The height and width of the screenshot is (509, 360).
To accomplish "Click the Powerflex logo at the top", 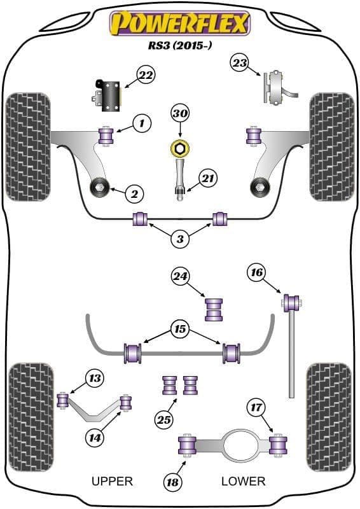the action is click(180, 24).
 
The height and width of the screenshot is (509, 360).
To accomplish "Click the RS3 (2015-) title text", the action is click(180, 45).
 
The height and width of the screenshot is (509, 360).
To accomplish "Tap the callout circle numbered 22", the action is click(146, 76).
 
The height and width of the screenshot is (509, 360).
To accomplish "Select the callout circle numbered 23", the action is click(240, 63).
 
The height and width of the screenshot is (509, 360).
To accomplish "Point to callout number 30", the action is click(180, 114).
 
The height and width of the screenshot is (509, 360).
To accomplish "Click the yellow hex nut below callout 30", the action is click(180, 149).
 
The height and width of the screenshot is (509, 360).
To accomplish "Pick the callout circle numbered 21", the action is click(208, 178).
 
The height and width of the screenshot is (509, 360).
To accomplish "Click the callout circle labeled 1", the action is click(142, 123).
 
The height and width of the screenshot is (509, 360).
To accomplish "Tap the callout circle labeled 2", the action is click(134, 194).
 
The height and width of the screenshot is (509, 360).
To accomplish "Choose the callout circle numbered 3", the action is click(180, 239).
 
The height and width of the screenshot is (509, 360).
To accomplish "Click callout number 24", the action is click(180, 276).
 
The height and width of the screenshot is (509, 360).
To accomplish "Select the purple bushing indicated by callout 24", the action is click(214, 310).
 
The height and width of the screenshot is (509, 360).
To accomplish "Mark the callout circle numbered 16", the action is click(256, 272).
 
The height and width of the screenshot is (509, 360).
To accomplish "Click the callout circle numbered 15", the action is click(180, 330).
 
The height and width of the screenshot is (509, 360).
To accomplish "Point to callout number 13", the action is click(95, 378).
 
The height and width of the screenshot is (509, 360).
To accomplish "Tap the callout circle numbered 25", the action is click(163, 420).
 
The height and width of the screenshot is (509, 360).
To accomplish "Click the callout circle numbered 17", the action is click(256, 407).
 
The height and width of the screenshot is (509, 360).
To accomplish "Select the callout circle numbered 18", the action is click(172, 482).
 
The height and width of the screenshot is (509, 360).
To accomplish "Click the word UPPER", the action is click(113, 481).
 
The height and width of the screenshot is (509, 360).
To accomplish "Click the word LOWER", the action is click(244, 481).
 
